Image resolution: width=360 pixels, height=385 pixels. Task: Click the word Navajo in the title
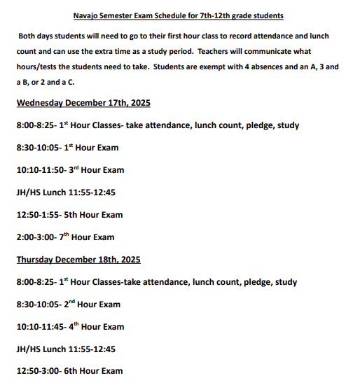pyautogui.click(x=88, y=15)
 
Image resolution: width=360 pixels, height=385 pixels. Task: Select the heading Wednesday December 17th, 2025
pyautogui.click(x=83, y=103)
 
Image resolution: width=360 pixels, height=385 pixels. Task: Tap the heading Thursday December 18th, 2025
pyautogui.click(x=78, y=260)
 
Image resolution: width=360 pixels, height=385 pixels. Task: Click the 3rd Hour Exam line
pyautogui.click(x=70, y=170)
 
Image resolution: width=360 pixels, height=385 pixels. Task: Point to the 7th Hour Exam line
pyautogui.click(x=65, y=237)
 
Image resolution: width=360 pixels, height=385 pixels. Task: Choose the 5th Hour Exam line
pyautogui.click(x=69, y=215)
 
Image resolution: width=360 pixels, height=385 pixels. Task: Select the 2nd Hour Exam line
pyautogui.click(x=68, y=304)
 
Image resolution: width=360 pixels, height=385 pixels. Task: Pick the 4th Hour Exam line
pyautogui.click(x=70, y=327)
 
